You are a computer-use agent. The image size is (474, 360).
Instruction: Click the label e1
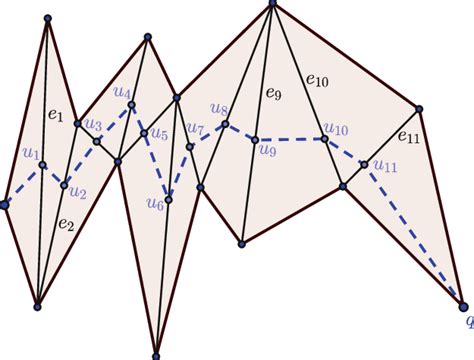pyautogui.click(x=56, y=119)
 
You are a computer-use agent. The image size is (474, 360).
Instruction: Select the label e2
pyautogui.click(x=65, y=224)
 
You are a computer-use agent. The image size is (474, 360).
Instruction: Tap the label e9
pyautogui.click(x=274, y=96)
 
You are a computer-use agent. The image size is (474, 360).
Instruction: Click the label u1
pyautogui.click(x=31, y=155)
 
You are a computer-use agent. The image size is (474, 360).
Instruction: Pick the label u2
pyautogui.click(x=78, y=191)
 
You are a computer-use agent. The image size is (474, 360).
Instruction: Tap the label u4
pyautogui.click(x=122, y=93)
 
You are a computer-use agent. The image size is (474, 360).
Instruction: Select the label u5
pyautogui.click(x=160, y=133)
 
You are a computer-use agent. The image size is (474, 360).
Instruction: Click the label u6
pyautogui.click(x=154, y=205)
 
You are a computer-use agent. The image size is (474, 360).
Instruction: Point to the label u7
pyautogui.click(x=196, y=129)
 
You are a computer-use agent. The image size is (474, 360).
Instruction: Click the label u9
pyautogui.click(x=266, y=151)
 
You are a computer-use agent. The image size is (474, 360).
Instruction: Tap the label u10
pyautogui.click(x=335, y=129)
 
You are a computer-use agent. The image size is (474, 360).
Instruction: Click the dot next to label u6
pyautogui.click(x=168, y=200)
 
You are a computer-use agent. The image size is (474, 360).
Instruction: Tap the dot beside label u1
pyautogui.click(x=43, y=165)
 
